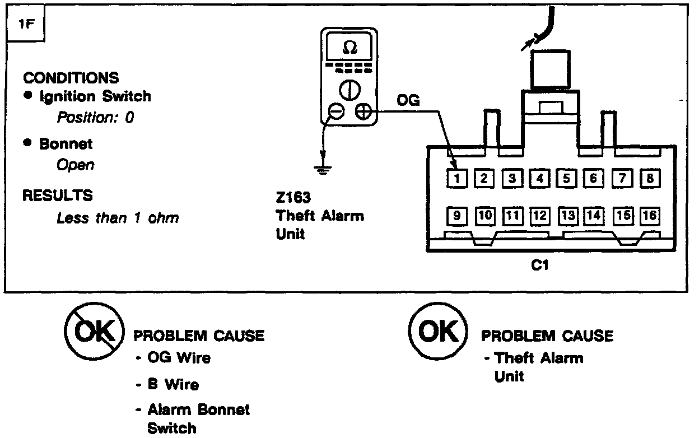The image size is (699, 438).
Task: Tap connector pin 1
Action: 457,179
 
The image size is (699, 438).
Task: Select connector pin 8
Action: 650,179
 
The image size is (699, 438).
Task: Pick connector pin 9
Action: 457,215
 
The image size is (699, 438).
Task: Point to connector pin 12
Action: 539,215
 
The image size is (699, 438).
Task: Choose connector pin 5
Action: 566,179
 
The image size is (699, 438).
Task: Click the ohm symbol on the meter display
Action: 348,49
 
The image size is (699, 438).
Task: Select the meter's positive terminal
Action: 364,111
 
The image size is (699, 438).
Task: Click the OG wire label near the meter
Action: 408,100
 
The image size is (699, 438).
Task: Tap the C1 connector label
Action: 539,266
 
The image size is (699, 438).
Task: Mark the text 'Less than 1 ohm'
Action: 118,218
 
